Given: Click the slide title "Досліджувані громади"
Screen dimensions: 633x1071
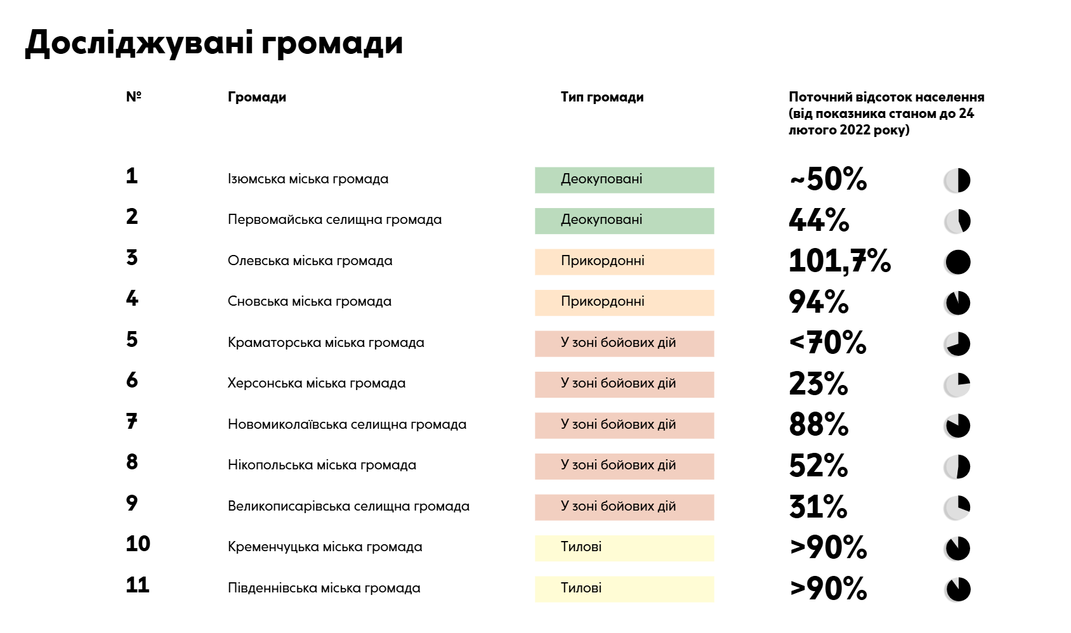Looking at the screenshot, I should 214,43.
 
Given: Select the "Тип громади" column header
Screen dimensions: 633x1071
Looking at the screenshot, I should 602,97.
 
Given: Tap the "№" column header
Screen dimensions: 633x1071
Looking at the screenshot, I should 133,96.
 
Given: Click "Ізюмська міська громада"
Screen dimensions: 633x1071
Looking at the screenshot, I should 308,179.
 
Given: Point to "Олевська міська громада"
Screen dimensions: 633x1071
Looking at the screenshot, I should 310,261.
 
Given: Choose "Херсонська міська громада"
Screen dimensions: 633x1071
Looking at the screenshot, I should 316,383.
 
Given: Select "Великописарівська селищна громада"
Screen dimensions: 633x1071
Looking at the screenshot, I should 348,506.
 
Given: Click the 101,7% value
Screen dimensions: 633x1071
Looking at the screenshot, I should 839,261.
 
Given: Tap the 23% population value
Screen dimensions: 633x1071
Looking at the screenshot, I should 818,384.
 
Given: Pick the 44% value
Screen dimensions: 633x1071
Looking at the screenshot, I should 818,220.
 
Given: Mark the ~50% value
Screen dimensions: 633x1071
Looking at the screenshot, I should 828,179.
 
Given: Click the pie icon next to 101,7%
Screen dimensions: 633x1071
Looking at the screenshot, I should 957,262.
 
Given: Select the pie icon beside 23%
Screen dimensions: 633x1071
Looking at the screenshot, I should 957,385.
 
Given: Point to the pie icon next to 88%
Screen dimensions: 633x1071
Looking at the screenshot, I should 957,426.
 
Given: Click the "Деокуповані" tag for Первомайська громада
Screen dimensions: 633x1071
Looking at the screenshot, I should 624,221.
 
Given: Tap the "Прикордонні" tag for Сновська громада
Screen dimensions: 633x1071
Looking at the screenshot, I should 624,303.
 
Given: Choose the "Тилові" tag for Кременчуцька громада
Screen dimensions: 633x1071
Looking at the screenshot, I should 624,548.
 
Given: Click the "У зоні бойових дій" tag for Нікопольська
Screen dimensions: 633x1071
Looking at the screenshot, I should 624,466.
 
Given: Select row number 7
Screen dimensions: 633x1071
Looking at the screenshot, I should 131,421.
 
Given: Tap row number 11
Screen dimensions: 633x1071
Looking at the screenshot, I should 137,585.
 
